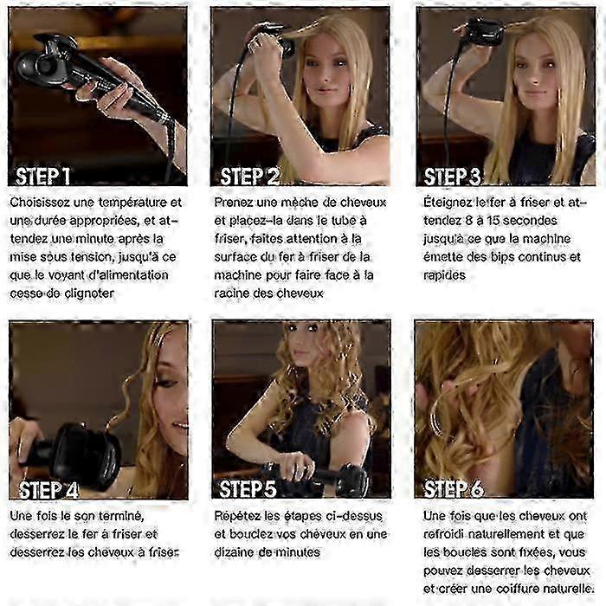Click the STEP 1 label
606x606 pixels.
pyautogui.click(x=43, y=177)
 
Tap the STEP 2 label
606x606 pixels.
pyautogui.click(x=250, y=177)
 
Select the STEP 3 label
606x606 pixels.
pyautogui.click(x=452, y=177)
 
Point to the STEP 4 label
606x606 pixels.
pyautogui.click(x=48, y=490)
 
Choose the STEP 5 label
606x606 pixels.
pyautogui.click(x=248, y=489)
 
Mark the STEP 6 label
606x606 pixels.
pyautogui.click(x=454, y=489)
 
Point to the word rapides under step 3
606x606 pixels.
pyautogui.click(x=444, y=275)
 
